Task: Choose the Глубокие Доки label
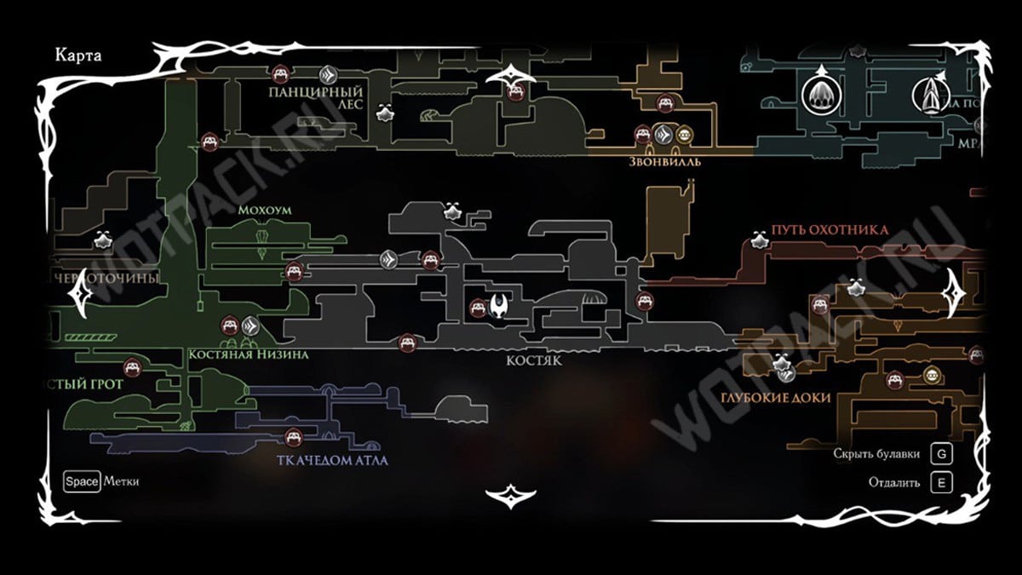(774, 398)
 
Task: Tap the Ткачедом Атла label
(332, 461)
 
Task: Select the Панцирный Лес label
(315, 97)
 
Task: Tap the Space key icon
(83, 481)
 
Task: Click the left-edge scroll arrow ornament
(82, 295)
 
